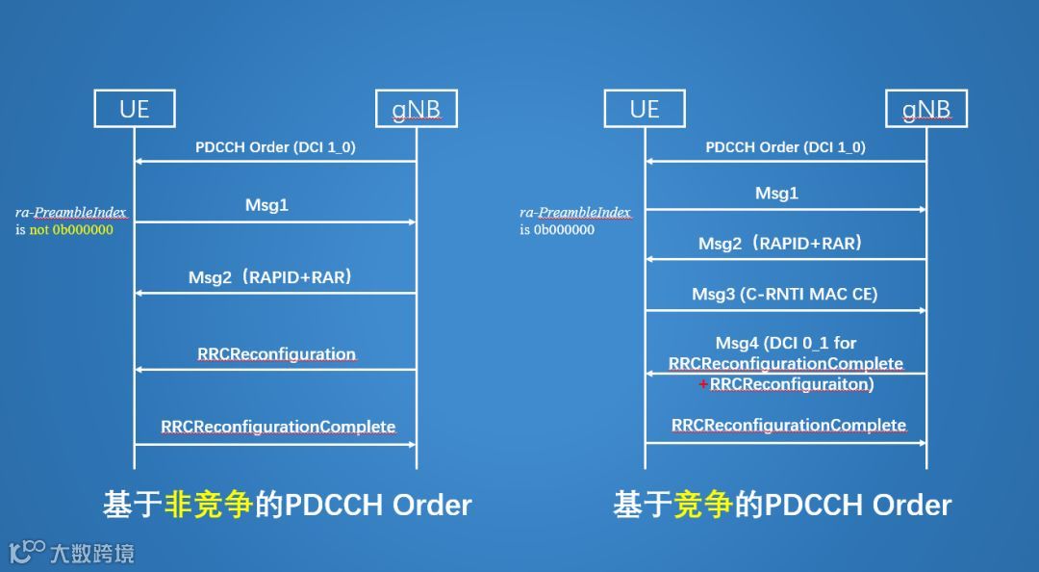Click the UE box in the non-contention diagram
click(135, 109)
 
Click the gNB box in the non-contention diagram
click(416, 109)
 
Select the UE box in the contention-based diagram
click(645, 109)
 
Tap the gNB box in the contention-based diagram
click(926, 109)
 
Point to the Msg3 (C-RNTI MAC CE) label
click(785, 295)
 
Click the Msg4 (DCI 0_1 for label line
click(786, 343)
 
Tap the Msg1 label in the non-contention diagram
click(266, 205)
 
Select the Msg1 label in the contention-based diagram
click(776, 194)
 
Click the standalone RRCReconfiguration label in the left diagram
click(277, 353)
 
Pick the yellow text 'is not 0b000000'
click(64, 230)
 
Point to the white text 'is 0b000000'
click(557, 229)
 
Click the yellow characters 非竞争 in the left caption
click(209, 505)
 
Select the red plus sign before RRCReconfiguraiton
click(703, 384)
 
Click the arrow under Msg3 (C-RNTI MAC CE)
click(785, 310)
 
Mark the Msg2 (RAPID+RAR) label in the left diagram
click(270, 278)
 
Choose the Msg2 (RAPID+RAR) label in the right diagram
click(780, 244)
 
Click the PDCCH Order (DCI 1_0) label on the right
click(785, 147)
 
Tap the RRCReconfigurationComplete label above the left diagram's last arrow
click(278, 427)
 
